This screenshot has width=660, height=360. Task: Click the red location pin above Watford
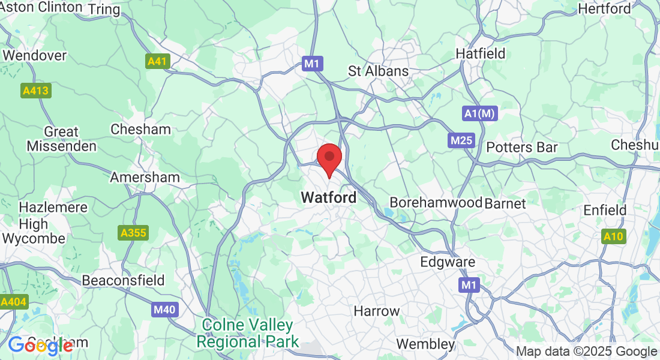(329, 158)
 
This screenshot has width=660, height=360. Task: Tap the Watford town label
(328, 197)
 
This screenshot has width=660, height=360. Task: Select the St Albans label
(378, 71)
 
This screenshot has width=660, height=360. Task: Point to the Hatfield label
(481, 53)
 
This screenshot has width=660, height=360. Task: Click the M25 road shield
(461, 141)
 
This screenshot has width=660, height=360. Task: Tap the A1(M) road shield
(480, 113)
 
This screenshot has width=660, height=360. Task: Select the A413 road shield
(36, 91)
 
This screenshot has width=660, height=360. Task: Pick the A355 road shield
(133, 233)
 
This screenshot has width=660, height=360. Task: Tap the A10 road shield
(613, 237)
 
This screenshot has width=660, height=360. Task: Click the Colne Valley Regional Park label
(248, 334)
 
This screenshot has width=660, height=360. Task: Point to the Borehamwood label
(436, 202)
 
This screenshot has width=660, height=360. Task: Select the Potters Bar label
(522, 147)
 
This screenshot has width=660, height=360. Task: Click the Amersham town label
(145, 177)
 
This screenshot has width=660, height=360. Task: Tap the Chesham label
(140, 129)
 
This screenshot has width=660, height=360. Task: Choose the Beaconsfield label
(123, 280)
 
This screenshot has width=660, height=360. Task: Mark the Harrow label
(376, 311)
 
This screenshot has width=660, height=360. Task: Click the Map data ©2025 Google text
(586, 352)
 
